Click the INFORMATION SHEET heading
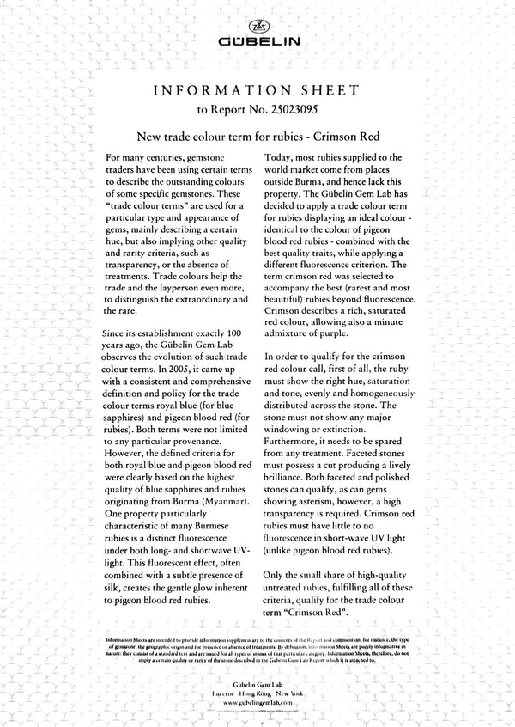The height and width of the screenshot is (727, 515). point(257,90)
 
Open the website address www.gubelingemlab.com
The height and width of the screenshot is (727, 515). point(257,702)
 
